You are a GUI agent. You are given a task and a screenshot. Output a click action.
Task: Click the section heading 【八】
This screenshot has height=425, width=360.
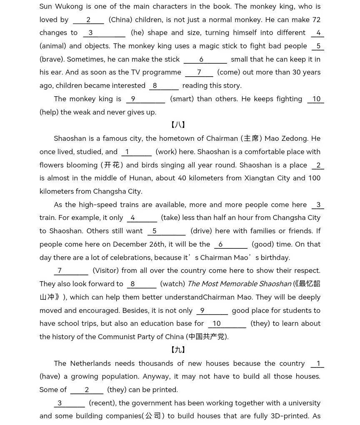coord(178,125)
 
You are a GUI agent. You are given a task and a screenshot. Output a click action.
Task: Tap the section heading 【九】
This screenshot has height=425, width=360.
coord(178,350)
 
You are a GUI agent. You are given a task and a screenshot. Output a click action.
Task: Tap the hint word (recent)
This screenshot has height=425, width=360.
coord(102,403)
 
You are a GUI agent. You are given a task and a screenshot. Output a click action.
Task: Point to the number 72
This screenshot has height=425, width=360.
coord(316,20)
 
